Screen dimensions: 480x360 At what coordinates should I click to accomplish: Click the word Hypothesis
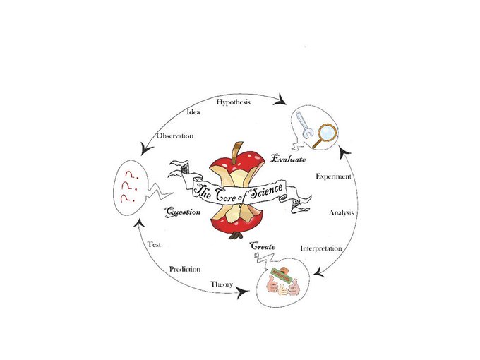[233, 103]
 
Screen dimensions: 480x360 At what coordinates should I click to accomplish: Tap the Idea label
[192, 112]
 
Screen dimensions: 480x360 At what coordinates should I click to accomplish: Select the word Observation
[175, 135]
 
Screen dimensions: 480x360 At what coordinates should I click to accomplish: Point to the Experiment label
[333, 176]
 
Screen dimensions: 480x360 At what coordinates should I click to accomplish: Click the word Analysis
[342, 212]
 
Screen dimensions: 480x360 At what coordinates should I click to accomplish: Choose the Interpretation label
[321, 248]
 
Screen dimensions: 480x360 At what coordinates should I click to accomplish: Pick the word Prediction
[185, 269]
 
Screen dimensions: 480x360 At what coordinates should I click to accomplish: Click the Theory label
[222, 284]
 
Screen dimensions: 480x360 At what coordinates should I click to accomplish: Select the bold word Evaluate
[290, 160]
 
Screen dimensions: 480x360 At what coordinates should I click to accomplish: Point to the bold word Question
[183, 211]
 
